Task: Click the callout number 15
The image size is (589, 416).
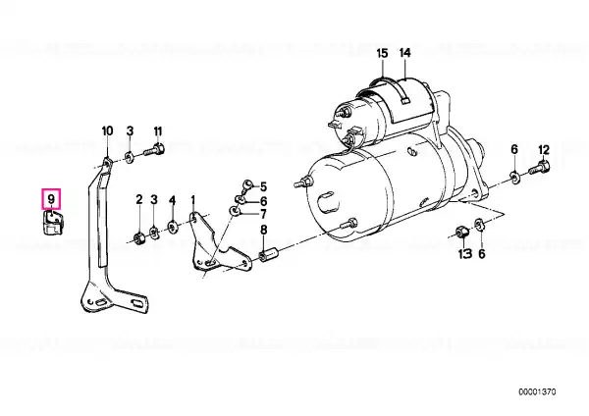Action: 382,53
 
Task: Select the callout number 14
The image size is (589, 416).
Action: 404,53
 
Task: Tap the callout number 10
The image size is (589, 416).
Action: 107,131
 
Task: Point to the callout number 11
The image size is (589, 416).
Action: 158,131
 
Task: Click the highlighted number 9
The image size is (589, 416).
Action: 51,199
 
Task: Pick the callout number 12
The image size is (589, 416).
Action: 544,150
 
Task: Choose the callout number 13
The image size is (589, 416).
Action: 465,254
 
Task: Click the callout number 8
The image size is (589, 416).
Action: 264,230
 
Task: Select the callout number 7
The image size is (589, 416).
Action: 263,215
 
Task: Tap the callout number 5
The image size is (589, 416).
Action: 263,186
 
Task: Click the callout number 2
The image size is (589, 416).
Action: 139,199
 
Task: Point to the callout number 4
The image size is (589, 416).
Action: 172,200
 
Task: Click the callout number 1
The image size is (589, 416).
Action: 193,200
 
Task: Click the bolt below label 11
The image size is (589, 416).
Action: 154,150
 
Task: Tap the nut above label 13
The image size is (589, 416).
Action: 460,232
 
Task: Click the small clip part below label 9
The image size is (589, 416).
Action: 52,223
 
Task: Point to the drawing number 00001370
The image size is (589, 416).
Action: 537,392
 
